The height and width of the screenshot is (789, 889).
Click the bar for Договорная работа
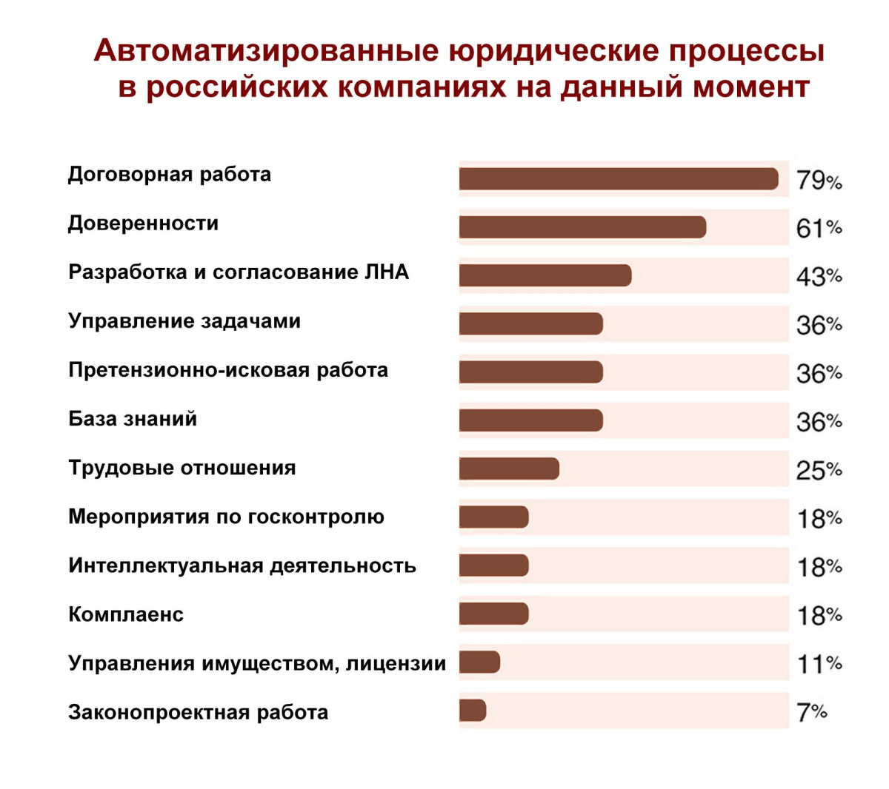coord(619,179)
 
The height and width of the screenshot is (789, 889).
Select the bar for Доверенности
coord(582,227)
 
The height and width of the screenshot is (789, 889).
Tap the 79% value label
coord(819,181)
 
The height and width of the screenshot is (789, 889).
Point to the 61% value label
coord(819,229)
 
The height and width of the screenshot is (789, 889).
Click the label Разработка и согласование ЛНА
coord(239,272)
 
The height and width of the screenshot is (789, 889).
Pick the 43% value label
coord(819,277)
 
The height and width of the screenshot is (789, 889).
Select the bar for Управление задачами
coord(530,323)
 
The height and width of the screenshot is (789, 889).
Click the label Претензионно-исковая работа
coord(228,370)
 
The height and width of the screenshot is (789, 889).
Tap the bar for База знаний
coord(530,420)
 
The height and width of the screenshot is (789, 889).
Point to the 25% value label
coord(819,470)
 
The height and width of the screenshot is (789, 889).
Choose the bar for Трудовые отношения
coord(509,469)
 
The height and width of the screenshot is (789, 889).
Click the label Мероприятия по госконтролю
coord(226,517)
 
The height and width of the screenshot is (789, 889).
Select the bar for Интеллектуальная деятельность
coord(493,565)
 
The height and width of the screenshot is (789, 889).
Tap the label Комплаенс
coord(126,614)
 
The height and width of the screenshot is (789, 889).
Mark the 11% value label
coord(819,664)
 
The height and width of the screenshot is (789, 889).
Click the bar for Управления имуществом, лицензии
coord(479,662)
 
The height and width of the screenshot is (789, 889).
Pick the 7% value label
coord(811,712)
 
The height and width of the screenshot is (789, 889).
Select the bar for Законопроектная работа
coord(473,711)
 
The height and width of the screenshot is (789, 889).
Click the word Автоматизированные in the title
coord(266,51)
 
